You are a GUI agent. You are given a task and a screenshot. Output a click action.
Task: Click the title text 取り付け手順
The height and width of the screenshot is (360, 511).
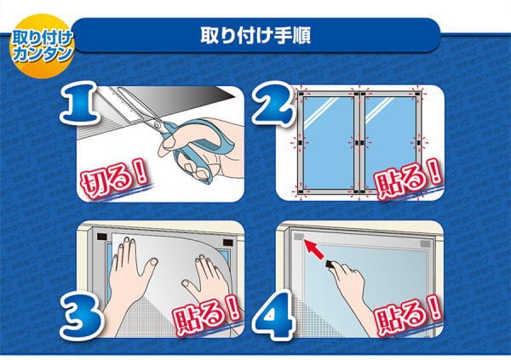pos(255,36)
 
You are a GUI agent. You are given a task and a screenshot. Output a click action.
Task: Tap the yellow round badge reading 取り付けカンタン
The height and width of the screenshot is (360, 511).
pos(42,46)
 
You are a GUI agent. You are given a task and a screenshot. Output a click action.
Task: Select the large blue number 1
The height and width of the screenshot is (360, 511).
pos(79,103)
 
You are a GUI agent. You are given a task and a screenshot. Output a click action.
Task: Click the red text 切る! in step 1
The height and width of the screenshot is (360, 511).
pos(113,180)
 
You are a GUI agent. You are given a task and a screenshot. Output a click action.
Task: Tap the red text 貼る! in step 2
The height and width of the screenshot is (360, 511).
pos(408,179)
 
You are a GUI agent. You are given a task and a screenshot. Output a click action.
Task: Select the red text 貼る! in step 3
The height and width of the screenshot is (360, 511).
pos(207,314)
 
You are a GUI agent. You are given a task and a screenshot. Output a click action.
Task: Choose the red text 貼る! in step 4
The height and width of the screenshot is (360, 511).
pos(408,314)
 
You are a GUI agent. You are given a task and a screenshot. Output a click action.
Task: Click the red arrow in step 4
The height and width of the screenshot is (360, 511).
pos(313,249)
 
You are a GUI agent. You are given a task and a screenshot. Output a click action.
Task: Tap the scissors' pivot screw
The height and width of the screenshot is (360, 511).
pos(158,124)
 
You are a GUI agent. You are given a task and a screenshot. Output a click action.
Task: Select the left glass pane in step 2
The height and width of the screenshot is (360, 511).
pos(329,143)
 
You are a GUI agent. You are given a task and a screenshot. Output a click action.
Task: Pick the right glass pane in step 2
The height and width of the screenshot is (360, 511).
pos(390,143)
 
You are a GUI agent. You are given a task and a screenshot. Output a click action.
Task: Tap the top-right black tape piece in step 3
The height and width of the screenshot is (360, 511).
pos(228,243)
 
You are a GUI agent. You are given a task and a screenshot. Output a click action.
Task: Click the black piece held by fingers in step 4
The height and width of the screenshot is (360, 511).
pos(331,264)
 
